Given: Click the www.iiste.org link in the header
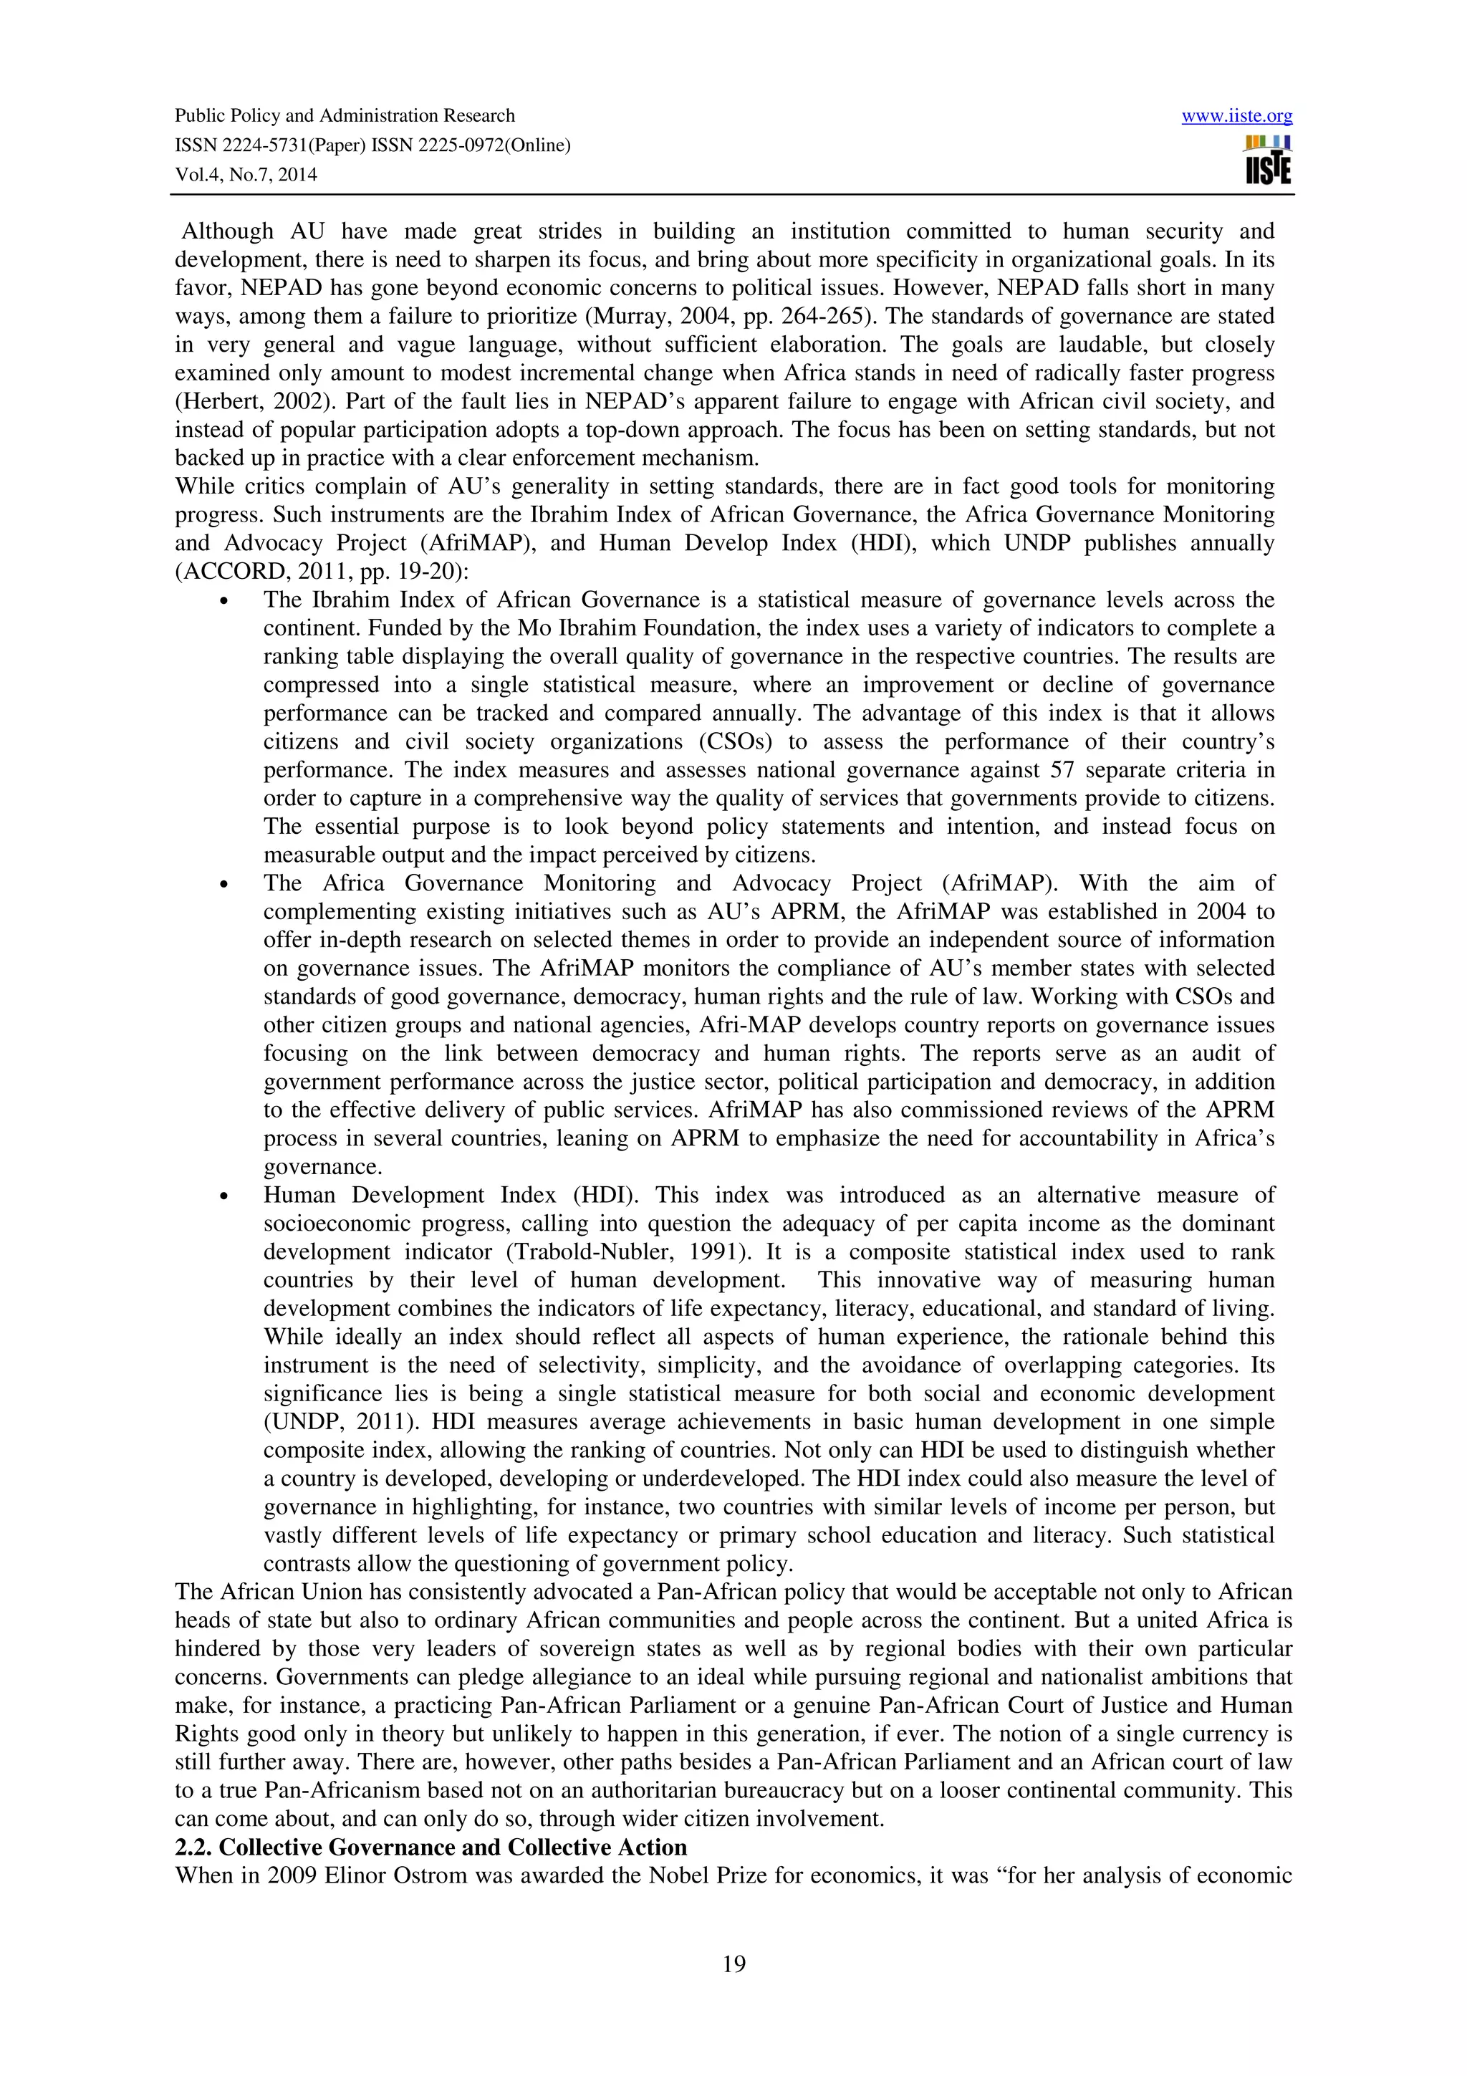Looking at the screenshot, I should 1236,116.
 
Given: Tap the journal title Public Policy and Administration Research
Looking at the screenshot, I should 345,116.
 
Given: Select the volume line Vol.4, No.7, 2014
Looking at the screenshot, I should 246,175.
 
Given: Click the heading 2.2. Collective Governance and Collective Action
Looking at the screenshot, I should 431,1846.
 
